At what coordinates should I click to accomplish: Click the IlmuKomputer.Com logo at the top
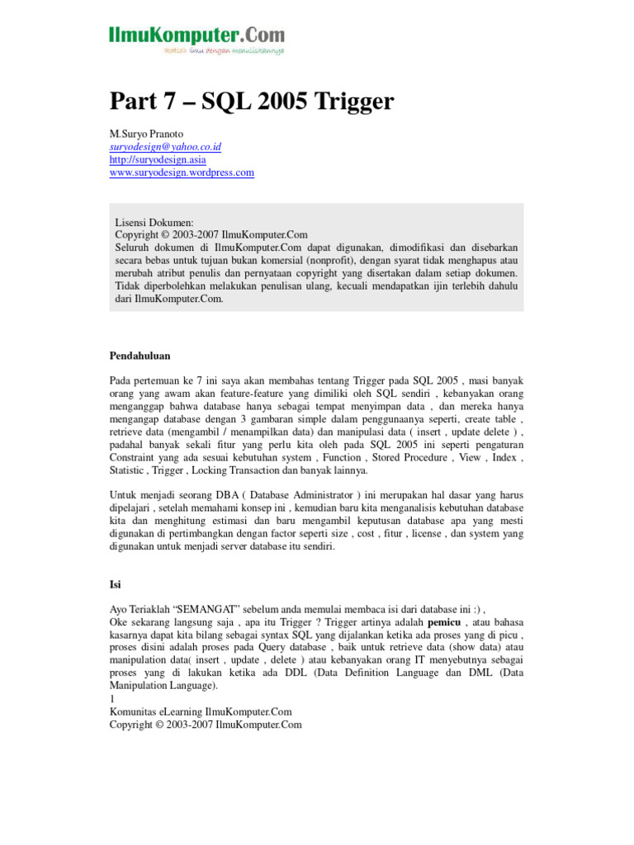tap(196, 35)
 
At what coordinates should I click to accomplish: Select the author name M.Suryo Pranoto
tap(149, 134)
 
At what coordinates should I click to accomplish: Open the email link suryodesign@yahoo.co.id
tap(165, 147)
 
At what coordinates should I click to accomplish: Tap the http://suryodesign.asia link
tap(158, 159)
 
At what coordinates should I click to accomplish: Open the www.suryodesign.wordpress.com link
tap(182, 172)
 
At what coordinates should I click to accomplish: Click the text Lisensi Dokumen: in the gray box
tap(154, 223)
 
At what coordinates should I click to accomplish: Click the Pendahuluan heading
tap(140, 356)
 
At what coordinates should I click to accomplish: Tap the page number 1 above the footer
tap(112, 699)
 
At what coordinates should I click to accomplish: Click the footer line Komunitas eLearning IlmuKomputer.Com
tap(201, 711)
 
